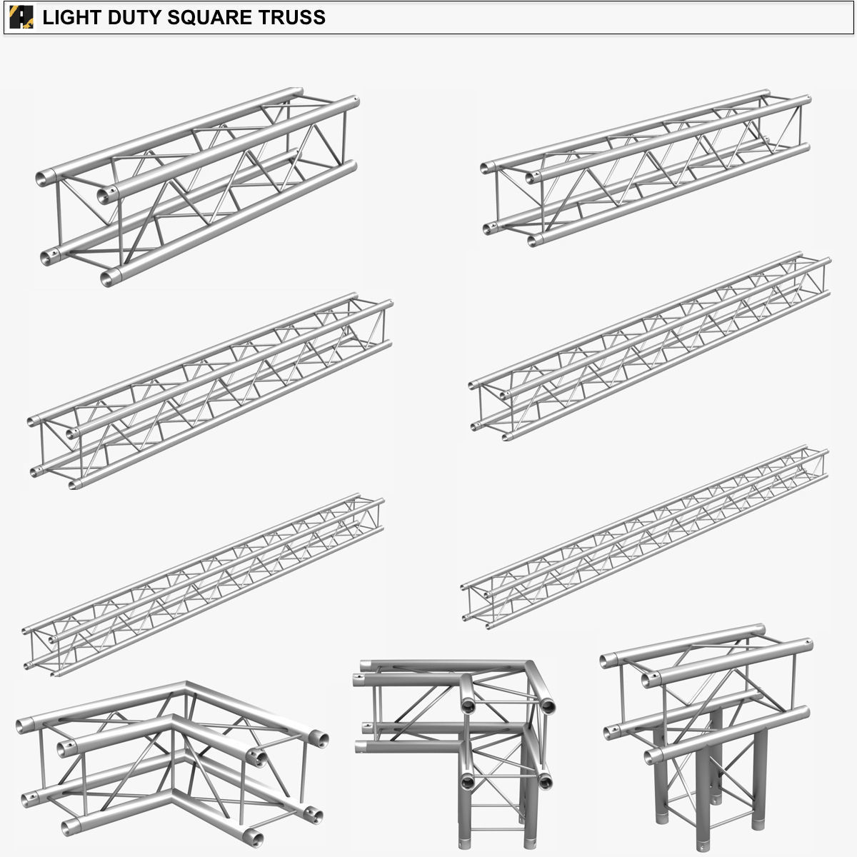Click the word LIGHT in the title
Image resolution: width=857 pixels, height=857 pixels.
70,17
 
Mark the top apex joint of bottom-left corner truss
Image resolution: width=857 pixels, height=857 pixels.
187,684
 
